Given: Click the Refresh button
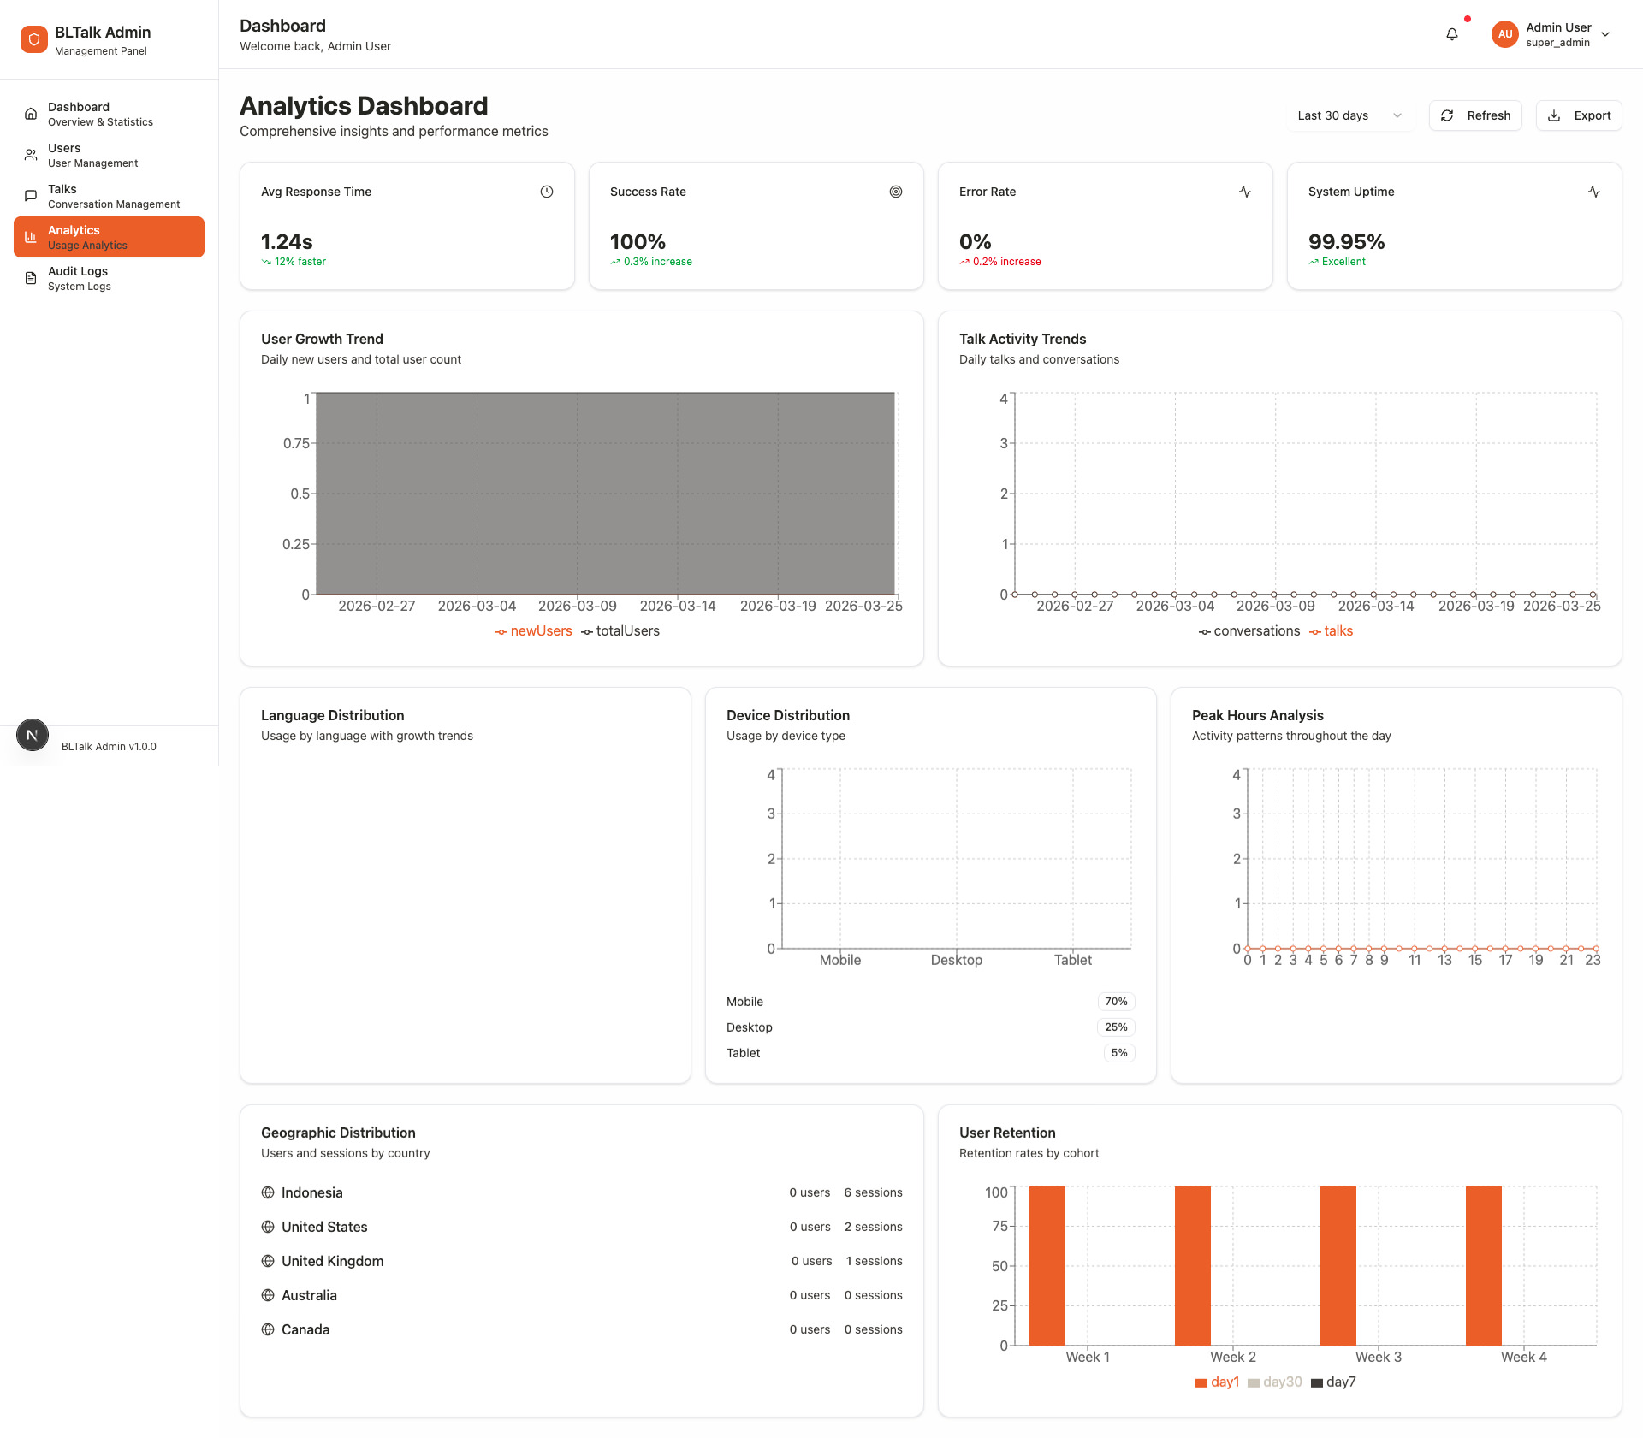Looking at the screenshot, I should (x=1475, y=115).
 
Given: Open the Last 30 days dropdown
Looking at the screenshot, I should (x=1349, y=115).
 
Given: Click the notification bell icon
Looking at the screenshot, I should (x=1452, y=34).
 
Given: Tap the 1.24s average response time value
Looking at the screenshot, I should (x=287, y=242).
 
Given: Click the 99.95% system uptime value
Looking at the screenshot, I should (x=1346, y=242).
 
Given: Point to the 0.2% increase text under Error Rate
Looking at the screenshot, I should (x=1006, y=262).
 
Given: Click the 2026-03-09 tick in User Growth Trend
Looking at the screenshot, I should (x=577, y=606).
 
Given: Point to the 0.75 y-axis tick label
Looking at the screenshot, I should (x=296, y=443).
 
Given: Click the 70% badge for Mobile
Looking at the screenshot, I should (x=1116, y=1002).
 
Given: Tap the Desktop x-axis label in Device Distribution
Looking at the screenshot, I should (x=956, y=960).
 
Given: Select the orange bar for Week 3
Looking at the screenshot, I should (x=1338, y=1266).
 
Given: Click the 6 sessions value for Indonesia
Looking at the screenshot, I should (x=873, y=1192).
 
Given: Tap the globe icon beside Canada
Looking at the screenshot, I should (x=268, y=1329).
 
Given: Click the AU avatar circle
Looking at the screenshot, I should (x=1504, y=34).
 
